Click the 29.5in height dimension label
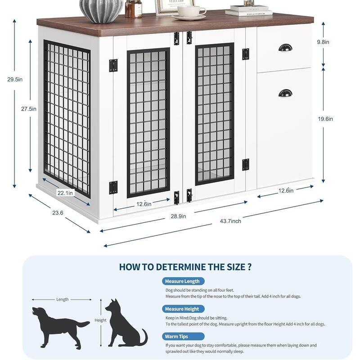tap(15, 80)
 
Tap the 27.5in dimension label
tap(29, 109)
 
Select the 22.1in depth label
tap(65, 193)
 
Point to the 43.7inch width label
tap(230, 221)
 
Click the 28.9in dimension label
tap(178, 216)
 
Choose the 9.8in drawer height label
tap(323, 42)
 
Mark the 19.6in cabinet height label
tap(325, 119)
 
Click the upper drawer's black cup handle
tap(285, 48)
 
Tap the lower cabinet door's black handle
tap(285, 93)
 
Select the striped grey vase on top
tap(101, 11)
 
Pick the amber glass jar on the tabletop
tap(133, 9)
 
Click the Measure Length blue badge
tap(183, 281)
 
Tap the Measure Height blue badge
tap(183, 309)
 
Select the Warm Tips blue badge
tap(183, 336)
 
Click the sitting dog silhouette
tap(126, 324)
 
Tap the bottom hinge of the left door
tap(113, 188)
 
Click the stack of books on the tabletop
tap(249, 11)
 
